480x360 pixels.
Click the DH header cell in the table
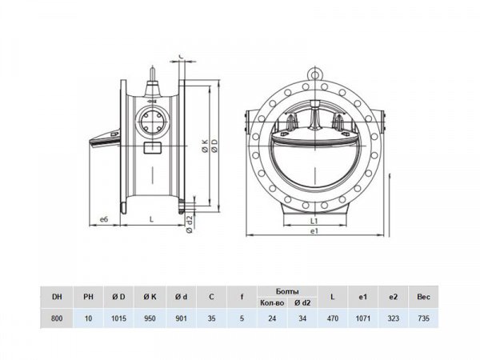[x=57, y=297]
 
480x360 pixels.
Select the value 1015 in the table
[x=118, y=318]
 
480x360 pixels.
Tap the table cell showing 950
[x=150, y=318]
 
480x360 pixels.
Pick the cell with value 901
[x=181, y=318]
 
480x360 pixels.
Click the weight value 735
[x=424, y=318]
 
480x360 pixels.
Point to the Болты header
[x=287, y=291]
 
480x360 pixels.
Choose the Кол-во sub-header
[x=272, y=302]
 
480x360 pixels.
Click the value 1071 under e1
[x=362, y=318]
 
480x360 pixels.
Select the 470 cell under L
[x=333, y=318]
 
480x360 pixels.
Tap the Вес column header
[x=424, y=297]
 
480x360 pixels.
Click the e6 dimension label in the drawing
[x=104, y=219]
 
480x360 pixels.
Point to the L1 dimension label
[x=314, y=221]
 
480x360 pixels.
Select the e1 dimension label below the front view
[x=314, y=231]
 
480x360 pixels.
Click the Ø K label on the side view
[x=205, y=146]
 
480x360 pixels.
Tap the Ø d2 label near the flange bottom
[x=190, y=224]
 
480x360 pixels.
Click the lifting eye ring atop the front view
[x=314, y=74]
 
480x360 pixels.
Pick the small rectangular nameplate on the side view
[x=153, y=148]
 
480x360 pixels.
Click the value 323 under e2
[x=393, y=318]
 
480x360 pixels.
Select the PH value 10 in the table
[x=88, y=318]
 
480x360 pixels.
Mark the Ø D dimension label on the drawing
[x=214, y=146]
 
